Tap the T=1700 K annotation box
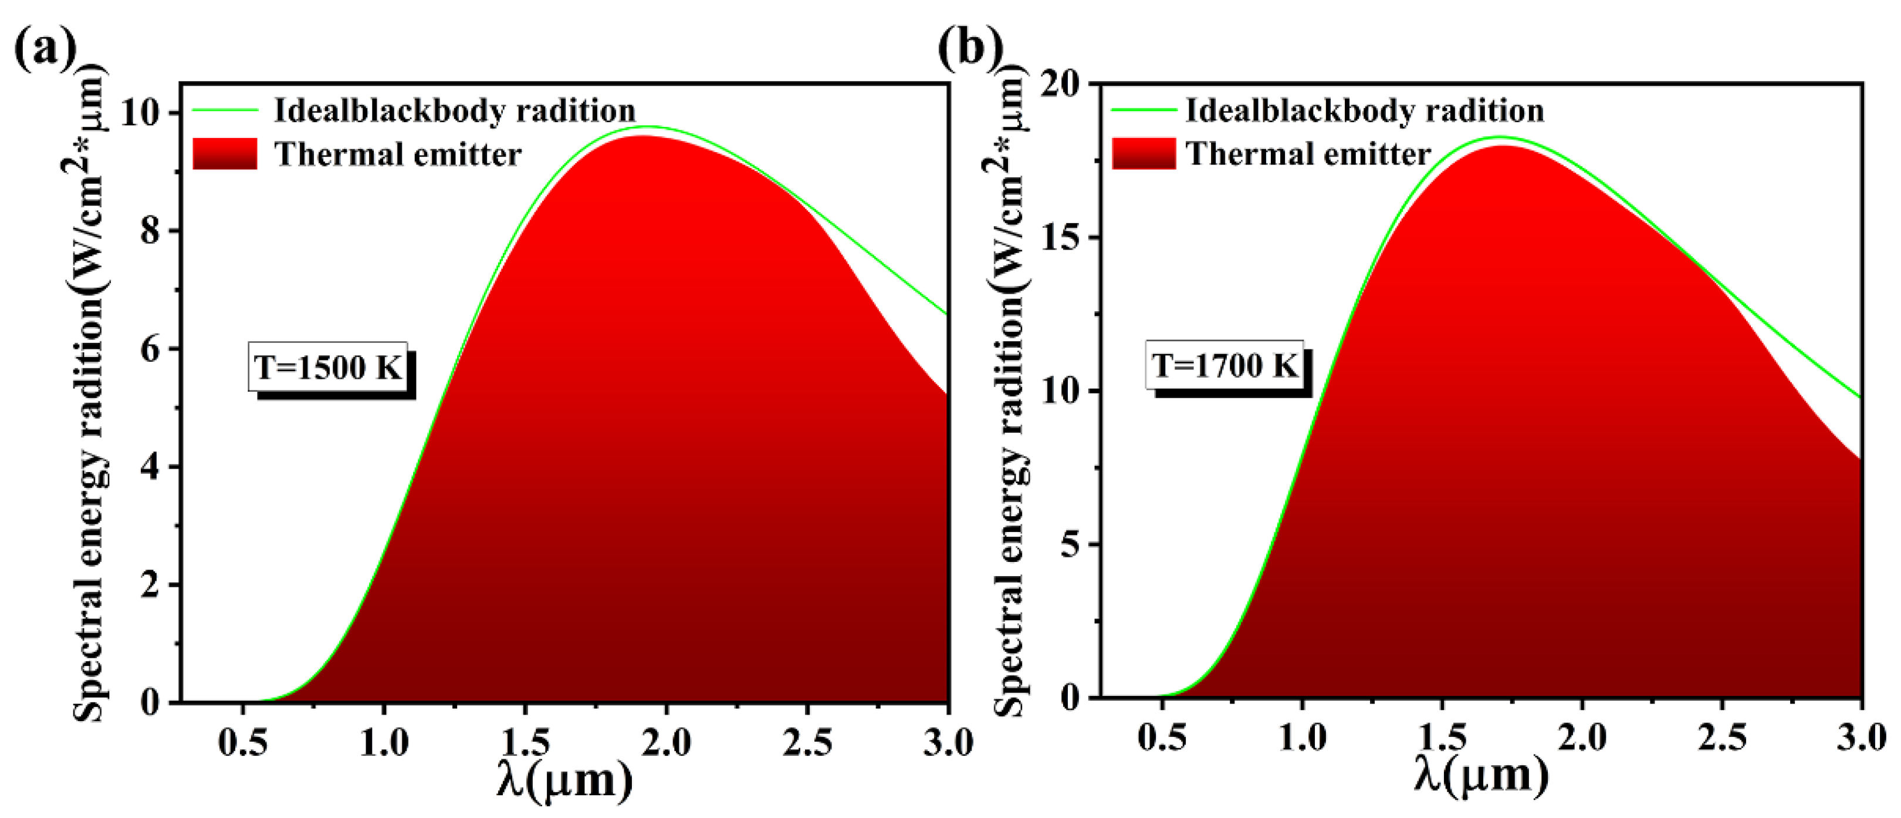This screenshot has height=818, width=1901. pyautogui.click(x=1225, y=365)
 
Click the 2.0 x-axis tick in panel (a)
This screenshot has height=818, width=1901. pyautogui.click(x=666, y=742)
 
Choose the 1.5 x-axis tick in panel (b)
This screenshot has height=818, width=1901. pyautogui.click(x=1443, y=738)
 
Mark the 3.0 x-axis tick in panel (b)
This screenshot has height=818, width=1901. pyautogui.click(x=1860, y=738)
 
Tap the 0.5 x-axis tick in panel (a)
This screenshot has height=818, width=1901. pyautogui.click(x=243, y=742)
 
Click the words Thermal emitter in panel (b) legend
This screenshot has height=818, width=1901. pyautogui.click(x=1308, y=154)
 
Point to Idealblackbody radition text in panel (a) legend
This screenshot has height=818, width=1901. pyautogui.click(x=455, y=111)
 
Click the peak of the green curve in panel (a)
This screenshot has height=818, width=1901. pyautogui.click(x=650, y=126)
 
